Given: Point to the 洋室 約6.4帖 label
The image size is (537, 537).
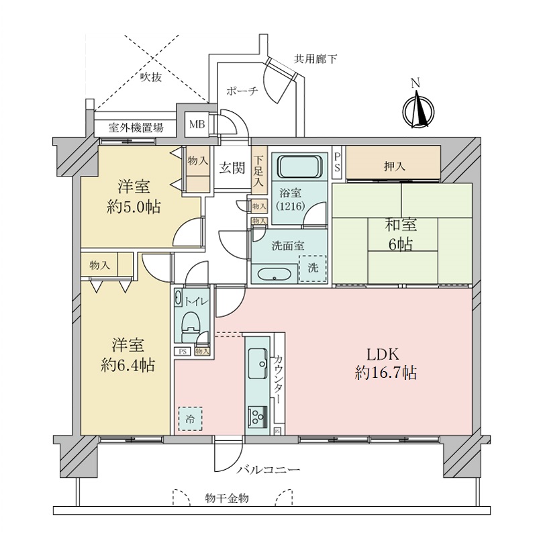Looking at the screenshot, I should pos(132,355).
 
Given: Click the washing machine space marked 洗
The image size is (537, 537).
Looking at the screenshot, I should pos(313,266).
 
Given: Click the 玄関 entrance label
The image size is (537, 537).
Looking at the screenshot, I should pos(232,168).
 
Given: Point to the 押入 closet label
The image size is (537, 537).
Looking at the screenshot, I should pos(393,166).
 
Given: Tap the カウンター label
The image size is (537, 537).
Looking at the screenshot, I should pos(279,380).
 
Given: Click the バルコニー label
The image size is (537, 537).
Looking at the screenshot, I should pos(268,469).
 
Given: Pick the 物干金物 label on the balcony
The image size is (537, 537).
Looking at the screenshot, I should pos(227,498).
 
